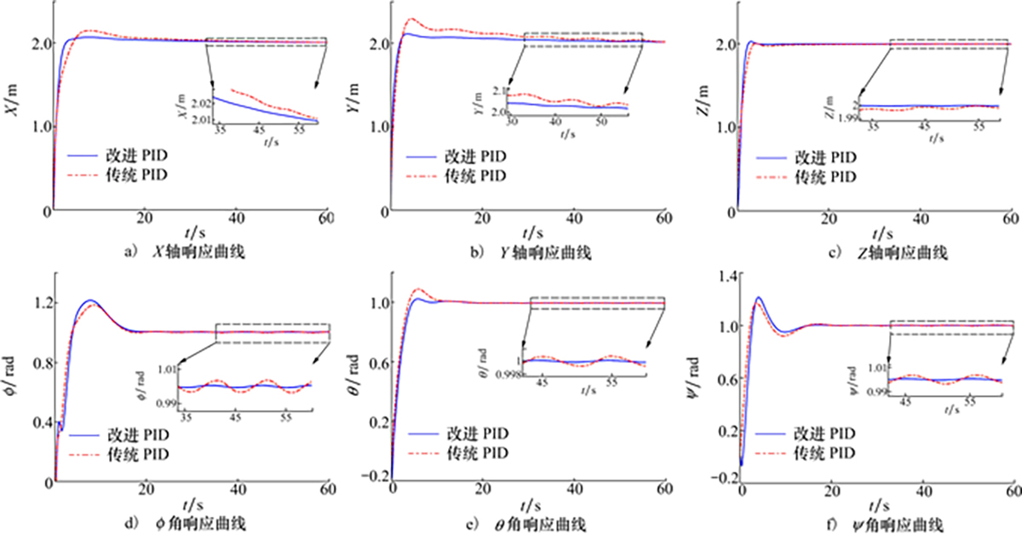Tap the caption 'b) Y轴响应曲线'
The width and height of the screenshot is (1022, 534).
click(x=529, y=251)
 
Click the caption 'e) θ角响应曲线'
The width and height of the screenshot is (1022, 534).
click(x=529, y=521)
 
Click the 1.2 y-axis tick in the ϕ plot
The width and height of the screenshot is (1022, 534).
click(x=41, y=303)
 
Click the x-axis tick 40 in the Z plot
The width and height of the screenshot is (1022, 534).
click(x=919, y=219)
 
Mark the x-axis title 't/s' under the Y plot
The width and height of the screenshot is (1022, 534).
click(x=532, y=232)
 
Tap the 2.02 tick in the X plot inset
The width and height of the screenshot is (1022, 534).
click(x=196, y=102)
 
